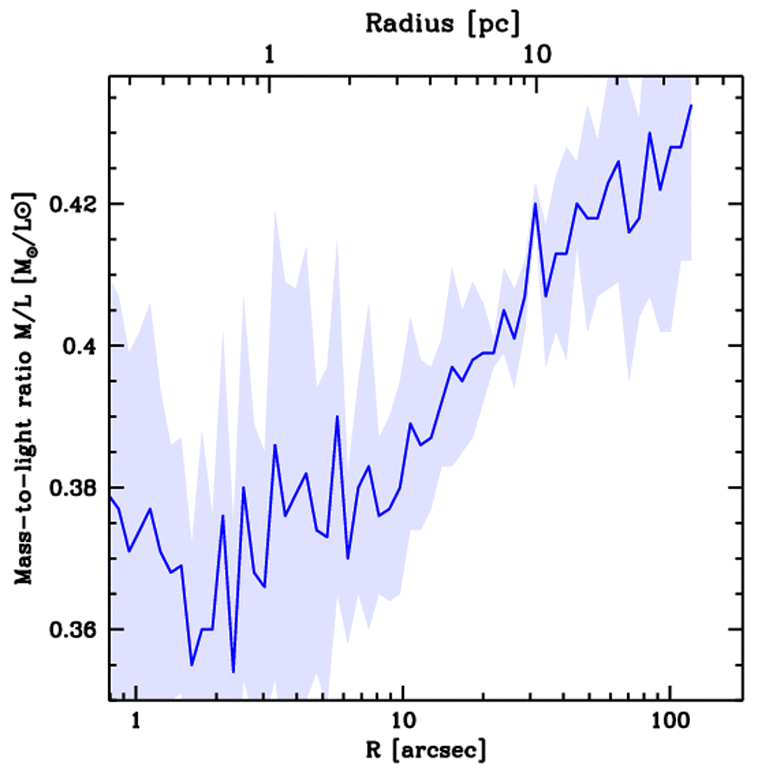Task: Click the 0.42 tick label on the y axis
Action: point(74,204)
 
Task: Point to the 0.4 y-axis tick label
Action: point(80,346)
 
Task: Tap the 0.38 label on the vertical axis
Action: point(74,488)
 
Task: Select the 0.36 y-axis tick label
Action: point(74,629)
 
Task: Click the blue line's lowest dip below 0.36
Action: point(233,671)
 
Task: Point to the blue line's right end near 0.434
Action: point(691,106)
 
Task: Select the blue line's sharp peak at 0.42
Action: point(536,204)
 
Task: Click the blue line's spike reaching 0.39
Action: point(338,417)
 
